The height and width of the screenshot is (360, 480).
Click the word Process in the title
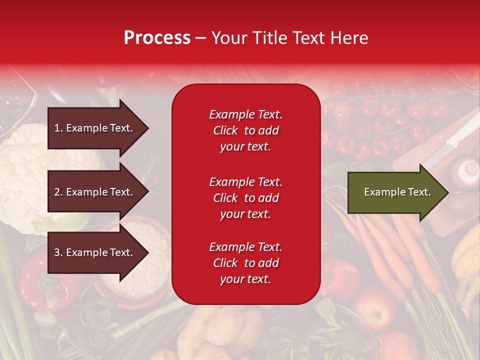(x=157, y=38)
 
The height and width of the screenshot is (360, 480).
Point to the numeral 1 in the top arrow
(x=57, y=128)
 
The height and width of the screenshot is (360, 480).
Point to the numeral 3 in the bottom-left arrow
(x=57, y=252)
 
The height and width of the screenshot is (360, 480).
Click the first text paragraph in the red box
(x=245, y=130)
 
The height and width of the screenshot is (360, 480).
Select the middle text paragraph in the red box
(x=245, y=198)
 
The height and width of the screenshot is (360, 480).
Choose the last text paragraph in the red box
(x=245, y=263)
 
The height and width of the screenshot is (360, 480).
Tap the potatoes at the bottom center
(x=220, y=330)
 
